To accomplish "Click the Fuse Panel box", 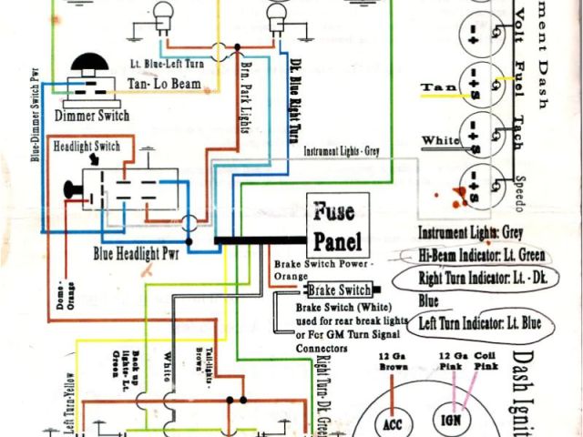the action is click(x=339, y=227).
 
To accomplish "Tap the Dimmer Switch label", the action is click(x=93, y=116).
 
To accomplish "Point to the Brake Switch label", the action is click(x=339, y=290).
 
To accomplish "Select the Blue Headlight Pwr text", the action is click(x=139, y=252).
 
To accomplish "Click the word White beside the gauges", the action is click(x=440, y=140).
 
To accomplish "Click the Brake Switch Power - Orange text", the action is click(x=322, y=269).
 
